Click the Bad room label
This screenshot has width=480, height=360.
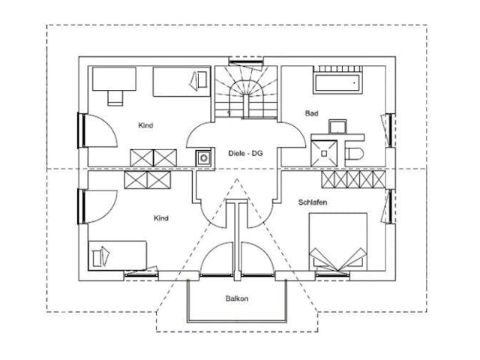[311, 113]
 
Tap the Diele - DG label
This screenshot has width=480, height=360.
[245, 153]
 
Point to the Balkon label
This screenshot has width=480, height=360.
[236, 298]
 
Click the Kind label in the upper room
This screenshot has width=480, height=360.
[145, 125]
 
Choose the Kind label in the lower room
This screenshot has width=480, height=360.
[160, 218]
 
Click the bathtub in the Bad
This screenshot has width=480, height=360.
[338, 82]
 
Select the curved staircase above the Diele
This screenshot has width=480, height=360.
[244, 91]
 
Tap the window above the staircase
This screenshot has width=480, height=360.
[244, 61]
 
